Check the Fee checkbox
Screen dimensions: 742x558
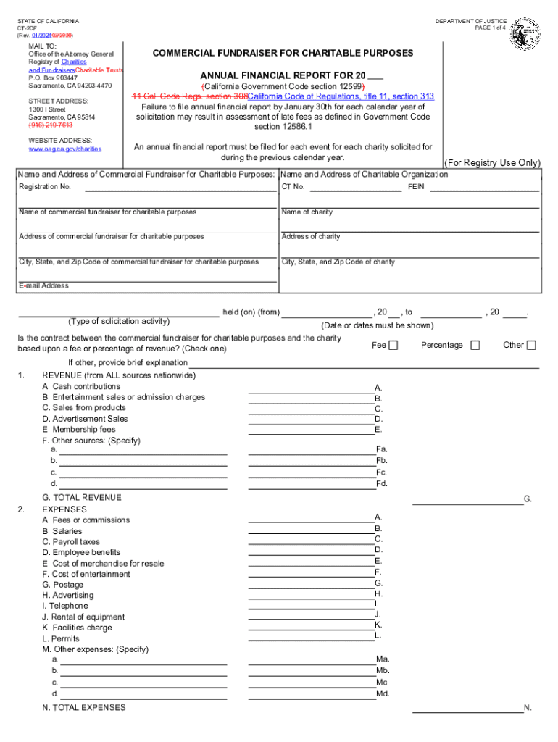pos(393,346)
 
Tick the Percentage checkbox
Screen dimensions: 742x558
pos(475,346)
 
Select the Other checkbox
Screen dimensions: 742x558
pos(531,346)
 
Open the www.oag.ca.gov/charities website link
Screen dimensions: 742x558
pos(65,149)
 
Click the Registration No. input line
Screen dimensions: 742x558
pos(180,191)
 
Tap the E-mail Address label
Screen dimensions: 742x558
pos(43,285)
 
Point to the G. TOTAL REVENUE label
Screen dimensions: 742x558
pos(82,498)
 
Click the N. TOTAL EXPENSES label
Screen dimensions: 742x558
pos(84,707)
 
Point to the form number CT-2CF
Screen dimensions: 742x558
pos(28,28)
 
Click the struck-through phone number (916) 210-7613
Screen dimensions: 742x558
pos(51,125)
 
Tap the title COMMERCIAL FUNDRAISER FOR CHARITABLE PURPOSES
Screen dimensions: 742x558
pos(283,53)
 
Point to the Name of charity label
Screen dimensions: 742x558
pos(307,212)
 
